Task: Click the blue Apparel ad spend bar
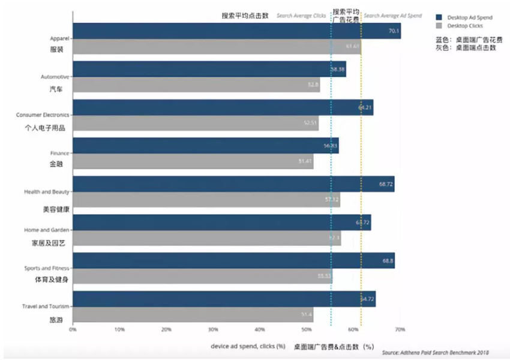[236, 31]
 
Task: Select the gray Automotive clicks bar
[196, 85]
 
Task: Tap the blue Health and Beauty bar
[233, 184]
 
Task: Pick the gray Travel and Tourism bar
[193, 314]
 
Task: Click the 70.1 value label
[394, 31]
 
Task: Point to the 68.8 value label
[387, 260]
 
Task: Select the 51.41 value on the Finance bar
[305, 161]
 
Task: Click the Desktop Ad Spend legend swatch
[440, 17]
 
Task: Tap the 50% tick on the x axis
[307, 329]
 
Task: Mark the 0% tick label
[73, 329]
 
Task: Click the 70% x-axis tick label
[400, 329]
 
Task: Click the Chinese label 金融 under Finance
[56, 163]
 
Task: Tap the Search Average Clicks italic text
[301, 16]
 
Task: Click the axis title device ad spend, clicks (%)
[248, 346]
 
